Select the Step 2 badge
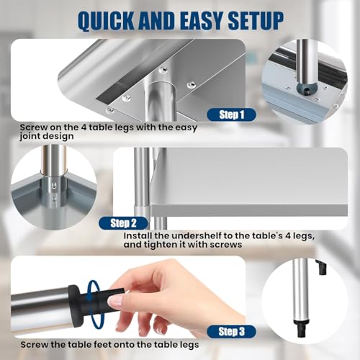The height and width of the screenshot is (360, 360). coord(123,223)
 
